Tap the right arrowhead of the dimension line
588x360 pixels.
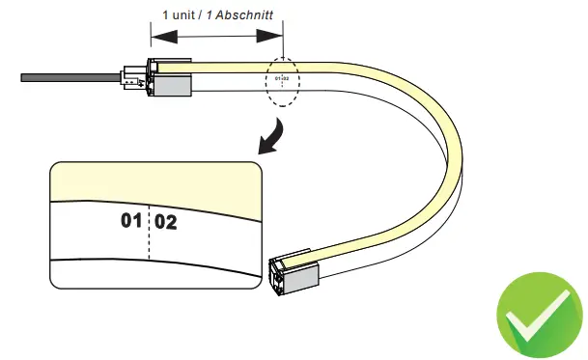coord(272,36)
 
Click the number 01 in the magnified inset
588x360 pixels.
coord(131,222)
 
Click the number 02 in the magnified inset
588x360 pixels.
coord(165,222)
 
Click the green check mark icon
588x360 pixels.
coord(539,318)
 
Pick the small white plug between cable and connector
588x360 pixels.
coord(128,77)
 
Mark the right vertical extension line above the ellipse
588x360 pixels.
coord(283,43)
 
